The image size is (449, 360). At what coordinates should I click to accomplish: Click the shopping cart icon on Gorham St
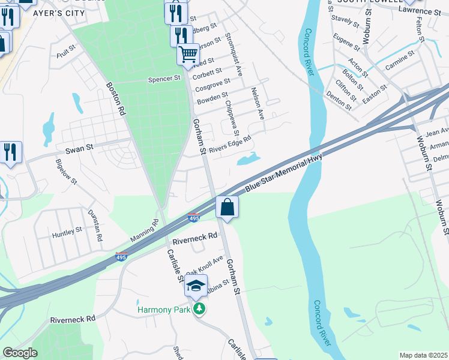click(x=188, y=55)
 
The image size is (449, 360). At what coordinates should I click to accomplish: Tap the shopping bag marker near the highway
click(x=228, y=208)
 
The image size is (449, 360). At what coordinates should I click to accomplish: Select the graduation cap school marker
click(x=196, y=286)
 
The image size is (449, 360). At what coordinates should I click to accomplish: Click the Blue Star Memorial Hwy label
click(x=284, y=173)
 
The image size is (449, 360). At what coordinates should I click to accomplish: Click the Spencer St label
click(x=164, y=79)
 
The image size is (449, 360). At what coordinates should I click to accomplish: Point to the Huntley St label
click(x=67, y=230)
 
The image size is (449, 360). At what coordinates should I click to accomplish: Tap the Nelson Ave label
click(x=258, y=103)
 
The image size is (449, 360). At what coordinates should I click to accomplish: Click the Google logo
click(x=20, y=353)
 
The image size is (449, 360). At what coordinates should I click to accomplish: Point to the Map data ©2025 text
click(x=423, y=355)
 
